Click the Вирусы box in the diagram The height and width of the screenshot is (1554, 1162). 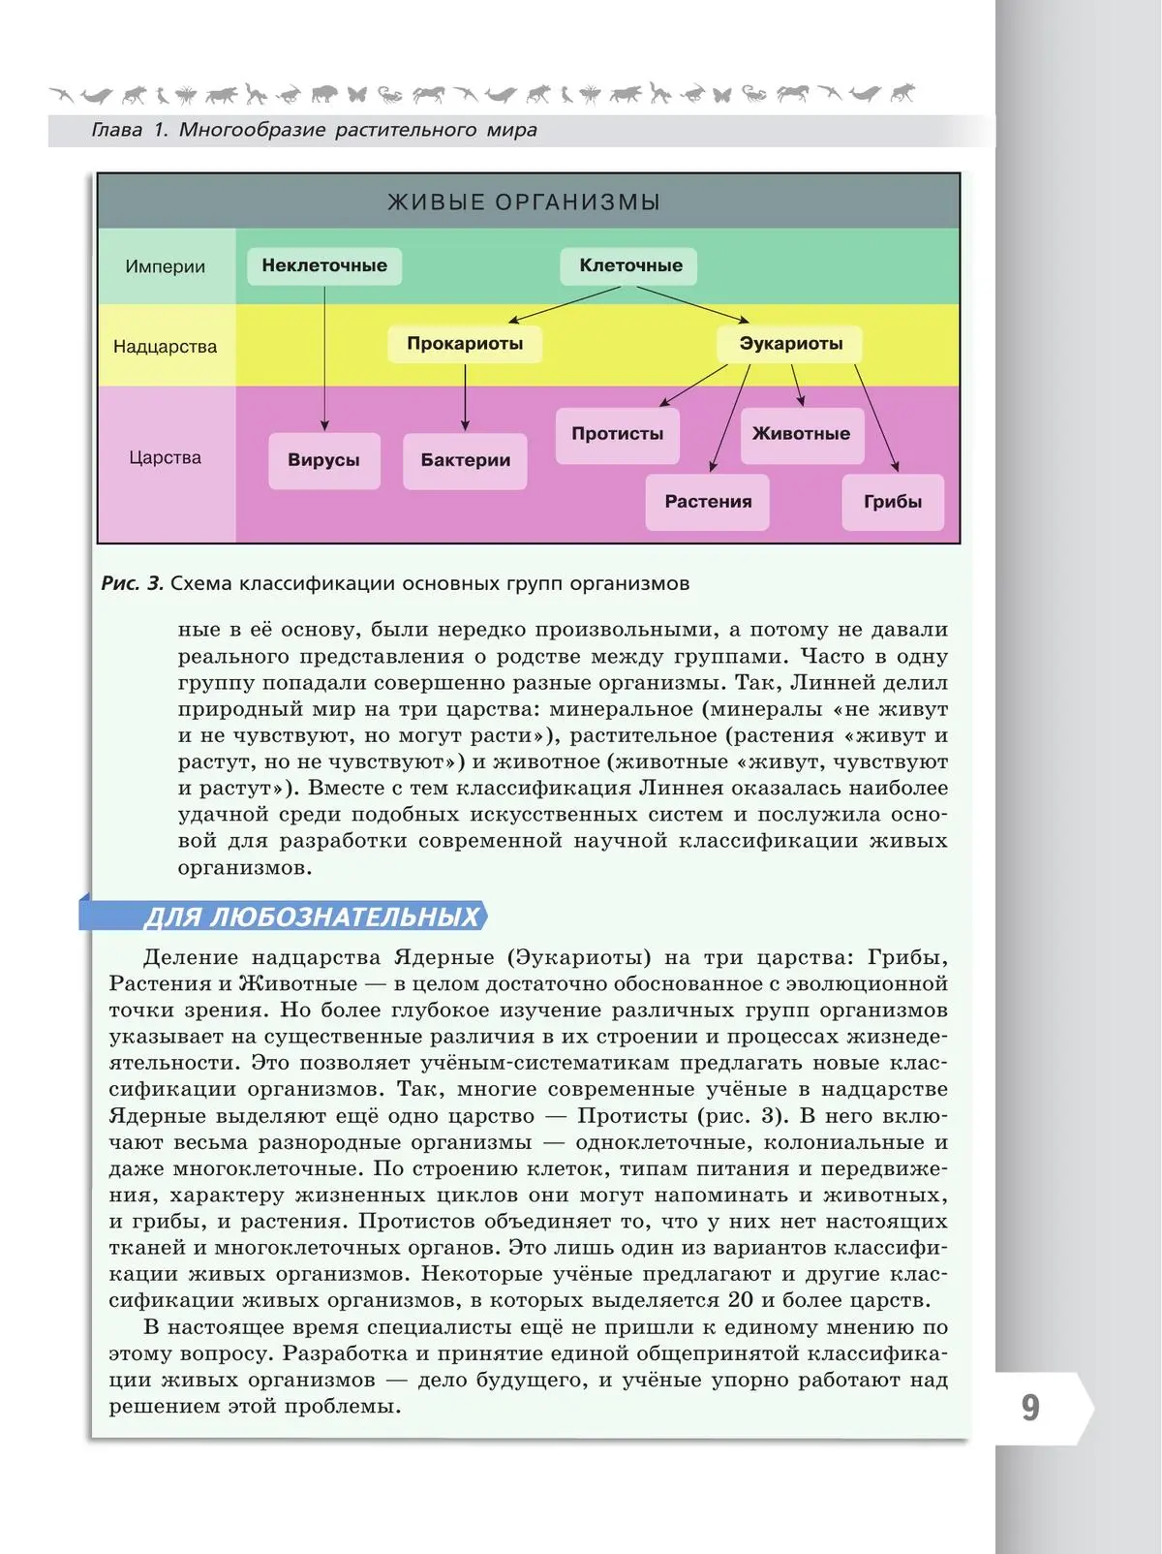tap(323, 460)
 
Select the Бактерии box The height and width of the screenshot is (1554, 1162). tap(465, 460)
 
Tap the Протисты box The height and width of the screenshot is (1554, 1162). tap(617, 434)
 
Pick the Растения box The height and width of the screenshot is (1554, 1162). tap(708, 502)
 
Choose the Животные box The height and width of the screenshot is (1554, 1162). tap(801, 434)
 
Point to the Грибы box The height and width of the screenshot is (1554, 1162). tap(892, 502)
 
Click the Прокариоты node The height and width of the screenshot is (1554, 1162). tap(465, 344)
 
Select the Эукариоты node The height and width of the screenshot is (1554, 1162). tap(790, 344)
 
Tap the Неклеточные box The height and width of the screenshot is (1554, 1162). tap(324, 265)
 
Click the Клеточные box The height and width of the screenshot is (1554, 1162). tap(630, 265)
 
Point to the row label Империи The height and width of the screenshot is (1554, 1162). tap(165, 267)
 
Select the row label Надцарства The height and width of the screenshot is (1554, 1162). tap(165, 347)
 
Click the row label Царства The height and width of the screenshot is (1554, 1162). tap(165, 457)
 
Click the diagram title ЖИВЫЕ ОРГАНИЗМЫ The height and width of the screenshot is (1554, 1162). tap(524, 202)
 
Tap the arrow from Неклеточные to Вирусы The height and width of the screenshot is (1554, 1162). tap(324, 358)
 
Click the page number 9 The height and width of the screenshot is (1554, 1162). tap(1030, 1408)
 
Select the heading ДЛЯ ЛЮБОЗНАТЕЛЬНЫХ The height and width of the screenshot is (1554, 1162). tap(312, 917)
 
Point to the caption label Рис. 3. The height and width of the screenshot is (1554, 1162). tap(133, 583)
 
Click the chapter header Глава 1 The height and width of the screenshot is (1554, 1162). tap(130, 130)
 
